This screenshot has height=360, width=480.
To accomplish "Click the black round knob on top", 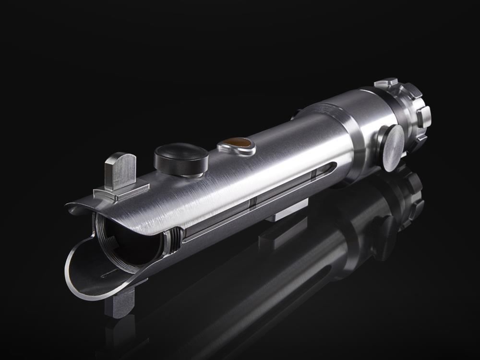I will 181,158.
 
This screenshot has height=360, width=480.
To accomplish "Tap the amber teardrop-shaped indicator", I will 237,143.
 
